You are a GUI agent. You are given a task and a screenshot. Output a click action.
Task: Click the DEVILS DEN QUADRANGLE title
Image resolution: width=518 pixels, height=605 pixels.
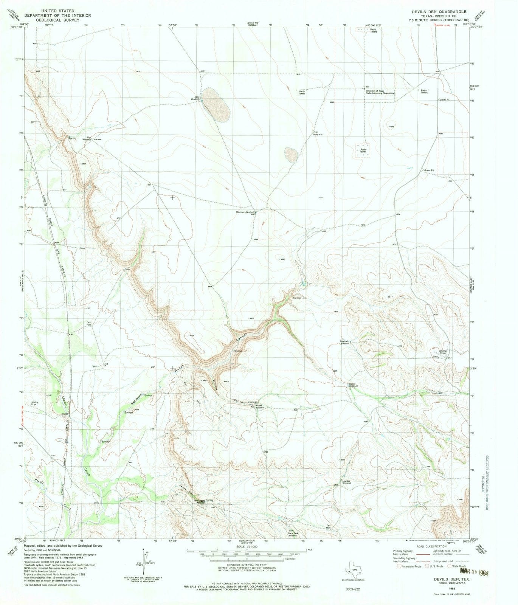pos(439,12)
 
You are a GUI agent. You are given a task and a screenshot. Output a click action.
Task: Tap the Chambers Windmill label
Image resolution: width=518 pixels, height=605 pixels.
pos(246,212)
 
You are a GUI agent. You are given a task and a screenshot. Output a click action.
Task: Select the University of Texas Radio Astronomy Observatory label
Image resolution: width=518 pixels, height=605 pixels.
pos(380,92)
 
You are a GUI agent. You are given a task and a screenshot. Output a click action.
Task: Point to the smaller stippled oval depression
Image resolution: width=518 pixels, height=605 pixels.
pos(291,155)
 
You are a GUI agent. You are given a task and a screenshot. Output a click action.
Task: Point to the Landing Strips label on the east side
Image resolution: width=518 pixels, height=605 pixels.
pos(442,352)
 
